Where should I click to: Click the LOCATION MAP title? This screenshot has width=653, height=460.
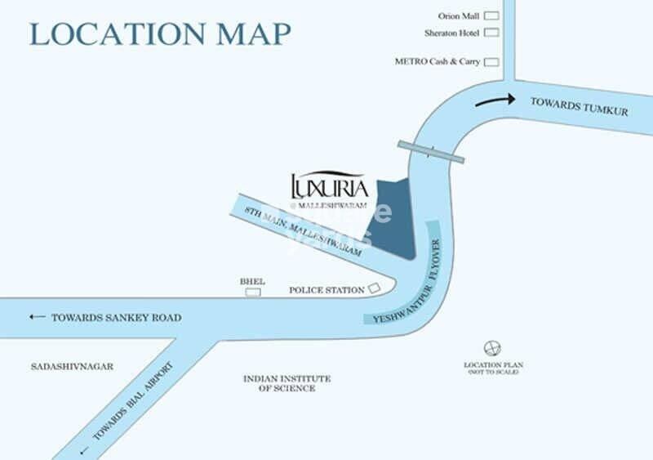(160, 34)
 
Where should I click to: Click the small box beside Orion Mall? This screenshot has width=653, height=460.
(491, 16)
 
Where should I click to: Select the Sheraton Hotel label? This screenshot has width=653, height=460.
(451, 33)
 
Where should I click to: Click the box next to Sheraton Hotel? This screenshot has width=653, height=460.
(491, 33)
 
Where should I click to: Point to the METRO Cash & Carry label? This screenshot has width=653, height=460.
(437, 61)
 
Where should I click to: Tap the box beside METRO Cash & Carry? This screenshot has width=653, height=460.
(491, 61)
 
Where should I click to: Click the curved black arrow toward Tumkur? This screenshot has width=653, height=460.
(495, 100)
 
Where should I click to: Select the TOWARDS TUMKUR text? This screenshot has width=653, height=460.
(580, 106)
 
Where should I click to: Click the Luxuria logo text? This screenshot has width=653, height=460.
(324, 185)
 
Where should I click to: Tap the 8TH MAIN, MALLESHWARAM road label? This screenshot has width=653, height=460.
(303, 231)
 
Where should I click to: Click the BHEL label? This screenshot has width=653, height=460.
(252, 281)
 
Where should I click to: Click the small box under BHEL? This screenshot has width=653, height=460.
(253, 292)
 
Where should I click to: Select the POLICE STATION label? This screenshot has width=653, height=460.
(326, 290)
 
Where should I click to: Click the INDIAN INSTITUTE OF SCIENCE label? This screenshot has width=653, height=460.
(287, 383)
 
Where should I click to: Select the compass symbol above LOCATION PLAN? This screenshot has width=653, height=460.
(491, 347)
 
